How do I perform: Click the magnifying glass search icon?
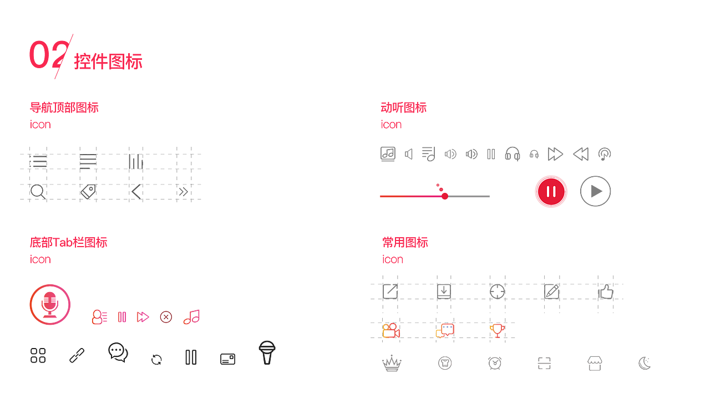38,192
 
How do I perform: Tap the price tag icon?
88,192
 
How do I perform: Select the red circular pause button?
551,192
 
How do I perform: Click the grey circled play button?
595,191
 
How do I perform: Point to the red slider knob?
445,196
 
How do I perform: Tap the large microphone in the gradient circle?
50,305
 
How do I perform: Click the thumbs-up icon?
606,291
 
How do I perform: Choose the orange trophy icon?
497,331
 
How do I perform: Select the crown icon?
392,363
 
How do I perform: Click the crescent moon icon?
645,363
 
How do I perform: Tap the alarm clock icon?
495,363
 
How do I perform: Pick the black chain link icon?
77,355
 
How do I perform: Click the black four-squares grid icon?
38,355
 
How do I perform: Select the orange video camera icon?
391,331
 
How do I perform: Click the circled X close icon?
166,317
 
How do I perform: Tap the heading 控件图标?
108,62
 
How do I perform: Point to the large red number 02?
49,54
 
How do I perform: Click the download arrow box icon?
444,291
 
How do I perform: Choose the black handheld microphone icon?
267,352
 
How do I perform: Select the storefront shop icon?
595,363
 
